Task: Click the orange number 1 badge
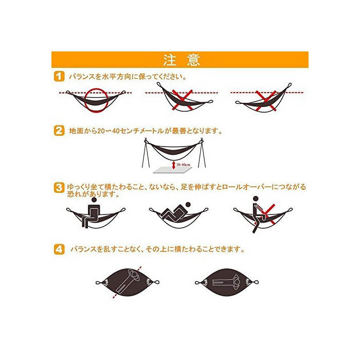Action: [59, 76]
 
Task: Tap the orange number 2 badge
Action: [59, 131]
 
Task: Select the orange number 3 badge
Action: [59, 188]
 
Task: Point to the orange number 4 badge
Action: [59, 249]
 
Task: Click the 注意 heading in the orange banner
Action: [182, 60]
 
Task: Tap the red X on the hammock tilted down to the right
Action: [183, 100]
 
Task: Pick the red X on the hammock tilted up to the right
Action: [266, 101]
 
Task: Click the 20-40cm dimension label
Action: [183, 165]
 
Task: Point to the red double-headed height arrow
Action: [174, 165]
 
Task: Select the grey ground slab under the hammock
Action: [173, 170]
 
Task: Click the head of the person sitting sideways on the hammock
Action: [94, 200]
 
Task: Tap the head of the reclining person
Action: [188, 205]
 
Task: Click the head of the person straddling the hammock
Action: [256, 199]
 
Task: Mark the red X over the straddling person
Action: [267, 214]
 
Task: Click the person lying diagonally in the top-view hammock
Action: [128, 282]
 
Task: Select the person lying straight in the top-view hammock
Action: [226, 282]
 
